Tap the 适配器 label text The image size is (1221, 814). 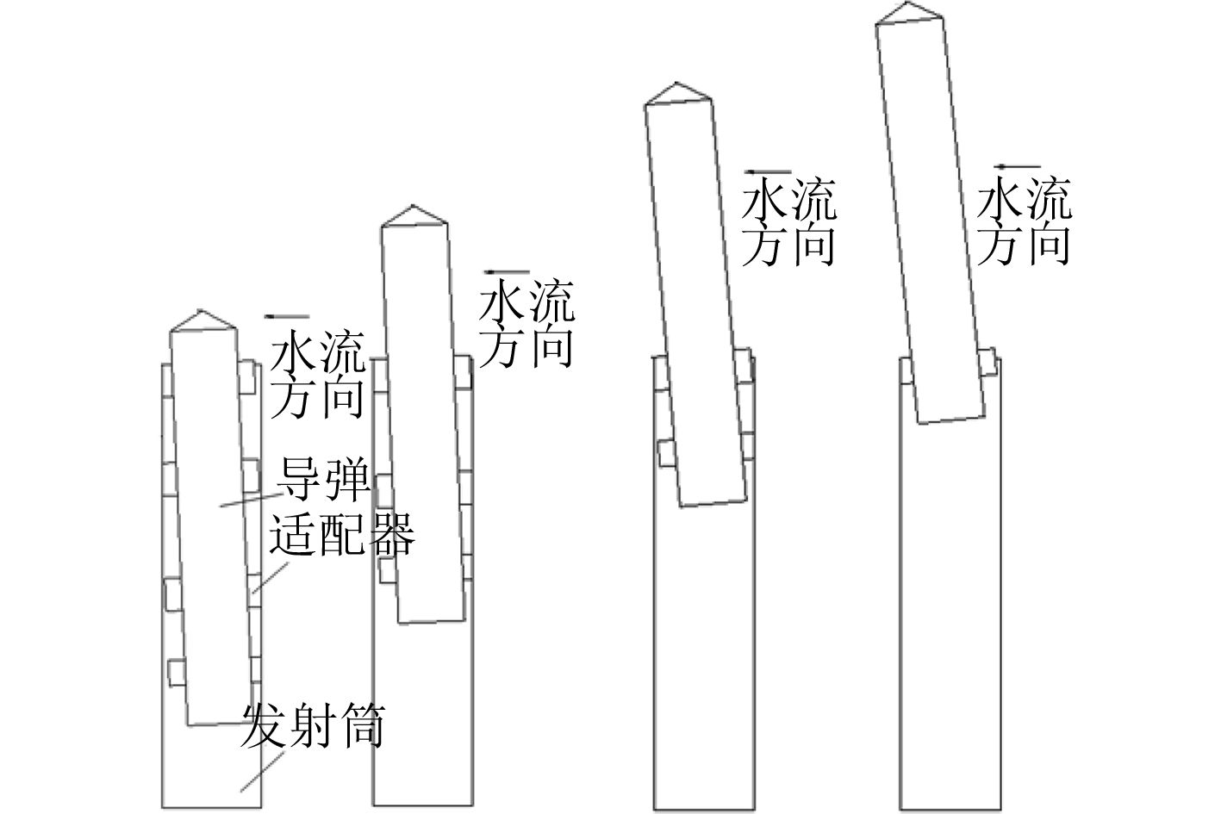342,534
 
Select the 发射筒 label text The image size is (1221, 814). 312,725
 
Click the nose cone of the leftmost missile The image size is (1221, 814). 202,320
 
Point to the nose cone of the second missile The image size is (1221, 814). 413,216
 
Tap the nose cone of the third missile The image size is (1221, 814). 678,94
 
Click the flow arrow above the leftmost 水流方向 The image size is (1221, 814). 287,316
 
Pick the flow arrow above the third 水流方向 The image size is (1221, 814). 769,172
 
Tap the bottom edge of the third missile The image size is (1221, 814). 713,501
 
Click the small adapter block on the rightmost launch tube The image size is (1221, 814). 988,361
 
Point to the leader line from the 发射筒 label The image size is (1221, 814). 263,770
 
